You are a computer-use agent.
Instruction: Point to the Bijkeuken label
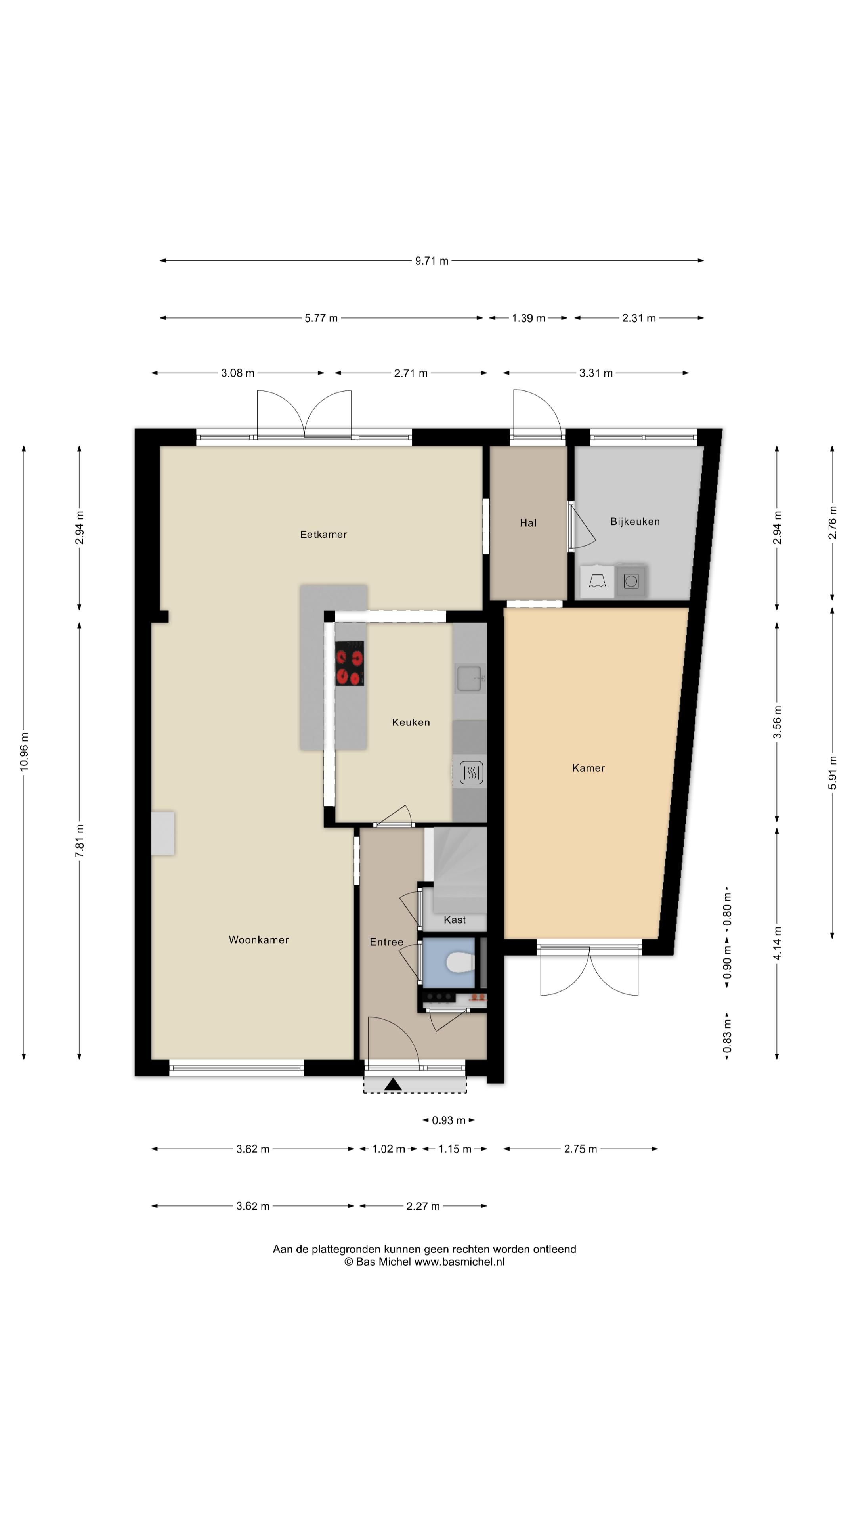635,522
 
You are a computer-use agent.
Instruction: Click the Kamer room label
588,768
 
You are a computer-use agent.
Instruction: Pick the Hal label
528,523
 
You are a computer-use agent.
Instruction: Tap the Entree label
386,942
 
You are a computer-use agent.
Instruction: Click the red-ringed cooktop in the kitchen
349,663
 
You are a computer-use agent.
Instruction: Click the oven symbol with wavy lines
471,772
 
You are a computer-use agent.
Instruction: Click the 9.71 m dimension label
432,260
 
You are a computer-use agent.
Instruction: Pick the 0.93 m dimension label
448,1120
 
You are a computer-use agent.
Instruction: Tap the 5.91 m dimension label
832,772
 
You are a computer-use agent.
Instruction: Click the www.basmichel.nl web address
459,1262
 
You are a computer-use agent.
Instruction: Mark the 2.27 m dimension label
423,1206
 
